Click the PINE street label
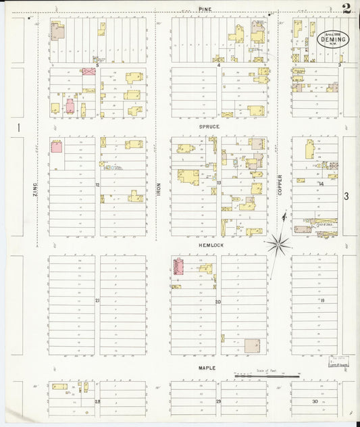pyautogui.click(x=205, y=9)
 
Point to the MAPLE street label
pyautogui.click(x=206, y=368)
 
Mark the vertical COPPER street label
pyautogui.click(x=280, y=185)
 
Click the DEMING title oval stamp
pyautogui.click(x=332, y=39)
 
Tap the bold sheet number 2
pyautogui.click(x=346, y=9)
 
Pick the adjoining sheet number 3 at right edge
pyautogui.click(x=346, y=197)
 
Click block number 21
pyautogui.click(x=97, y=300)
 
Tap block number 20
pyautogui.click(x=217, y=301)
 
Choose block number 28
pyautogui.click(x=97, y=402)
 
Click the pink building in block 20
pyautogui.click(x=180, y=266)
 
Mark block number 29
pyautogui.click(x=218, y=402)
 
